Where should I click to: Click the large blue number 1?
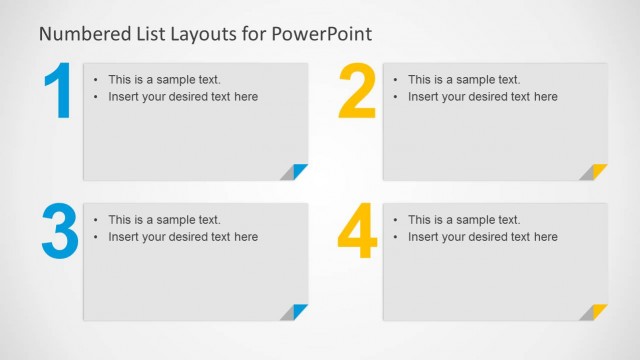click(58, 93)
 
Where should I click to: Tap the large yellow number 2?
click(357, 93)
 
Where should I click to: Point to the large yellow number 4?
click(357, 233)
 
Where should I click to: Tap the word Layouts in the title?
click(205, 34)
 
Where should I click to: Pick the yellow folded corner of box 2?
click(597, 171)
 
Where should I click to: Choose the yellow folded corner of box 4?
click(597, 311)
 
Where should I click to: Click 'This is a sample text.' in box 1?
click(164, 80)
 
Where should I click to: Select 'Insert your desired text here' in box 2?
click(483, 97)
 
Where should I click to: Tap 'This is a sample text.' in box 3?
click(164, 220)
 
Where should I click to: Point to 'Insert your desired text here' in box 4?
click(483, 237)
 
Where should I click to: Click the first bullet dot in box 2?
click(395, 80)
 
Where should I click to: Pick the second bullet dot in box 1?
click(95, 97)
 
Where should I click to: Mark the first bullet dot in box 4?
click(395, 220)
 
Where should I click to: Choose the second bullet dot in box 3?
click(95, 237)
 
